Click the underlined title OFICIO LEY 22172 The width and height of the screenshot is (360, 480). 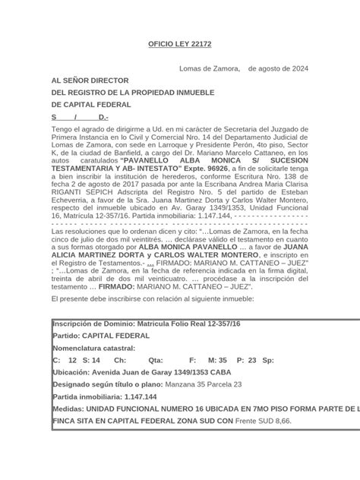point(179,44)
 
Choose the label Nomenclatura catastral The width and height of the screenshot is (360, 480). point(93,347)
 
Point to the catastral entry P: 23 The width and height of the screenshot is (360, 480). point(247,360)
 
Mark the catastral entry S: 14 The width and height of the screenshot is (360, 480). point(91,360)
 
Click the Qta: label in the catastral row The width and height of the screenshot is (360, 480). point(156,360)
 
